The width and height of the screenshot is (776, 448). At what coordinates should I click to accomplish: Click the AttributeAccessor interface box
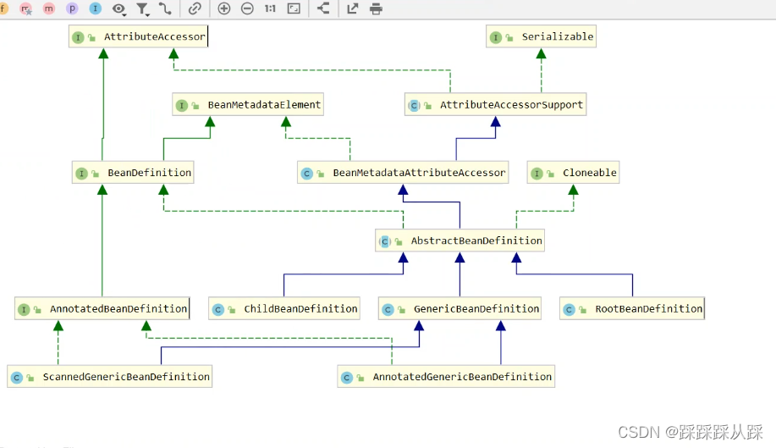point(139,36)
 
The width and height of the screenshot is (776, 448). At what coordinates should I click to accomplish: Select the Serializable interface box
point(541,36)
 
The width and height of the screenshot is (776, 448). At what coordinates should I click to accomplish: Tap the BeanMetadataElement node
point(248,104)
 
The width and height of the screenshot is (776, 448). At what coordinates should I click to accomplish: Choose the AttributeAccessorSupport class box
point(495,104)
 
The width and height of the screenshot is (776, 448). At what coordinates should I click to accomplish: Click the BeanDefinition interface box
point(133,173)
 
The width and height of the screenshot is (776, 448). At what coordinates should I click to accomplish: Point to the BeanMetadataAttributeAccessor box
point(403,173)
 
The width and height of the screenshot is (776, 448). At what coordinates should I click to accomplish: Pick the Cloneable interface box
point(573,173)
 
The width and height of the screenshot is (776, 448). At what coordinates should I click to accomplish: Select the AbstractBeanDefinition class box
point(460,241)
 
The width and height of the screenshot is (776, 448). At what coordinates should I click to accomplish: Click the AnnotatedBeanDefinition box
point(102,309)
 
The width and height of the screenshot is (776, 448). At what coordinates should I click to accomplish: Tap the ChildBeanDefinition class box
point(284,309)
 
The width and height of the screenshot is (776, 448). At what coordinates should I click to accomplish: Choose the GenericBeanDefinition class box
point(460,309)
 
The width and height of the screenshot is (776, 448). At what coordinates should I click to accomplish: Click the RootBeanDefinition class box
point(632,309)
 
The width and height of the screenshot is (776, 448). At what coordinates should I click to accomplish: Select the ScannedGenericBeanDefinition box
point(109,377)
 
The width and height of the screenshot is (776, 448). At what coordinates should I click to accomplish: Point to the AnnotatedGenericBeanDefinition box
point(446,377)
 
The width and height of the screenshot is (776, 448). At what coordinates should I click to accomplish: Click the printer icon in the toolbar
point(376,9)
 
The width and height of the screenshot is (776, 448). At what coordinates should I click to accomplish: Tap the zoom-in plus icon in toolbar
point(224,8)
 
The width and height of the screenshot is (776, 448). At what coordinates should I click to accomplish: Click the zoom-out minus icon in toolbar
point(247,8)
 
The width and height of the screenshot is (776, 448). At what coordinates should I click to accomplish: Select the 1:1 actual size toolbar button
point(270,8)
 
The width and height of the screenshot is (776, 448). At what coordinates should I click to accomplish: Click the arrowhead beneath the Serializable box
point(541,53)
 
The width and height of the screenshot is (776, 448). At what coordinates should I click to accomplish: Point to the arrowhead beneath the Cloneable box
point(573,190)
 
